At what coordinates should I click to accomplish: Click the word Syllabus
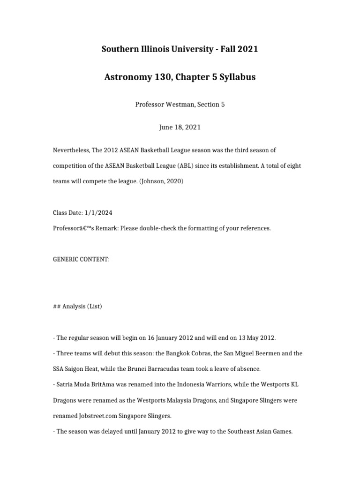(236, 77)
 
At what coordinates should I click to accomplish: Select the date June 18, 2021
(180, 127)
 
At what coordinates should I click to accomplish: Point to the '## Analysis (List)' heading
(77, 307)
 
